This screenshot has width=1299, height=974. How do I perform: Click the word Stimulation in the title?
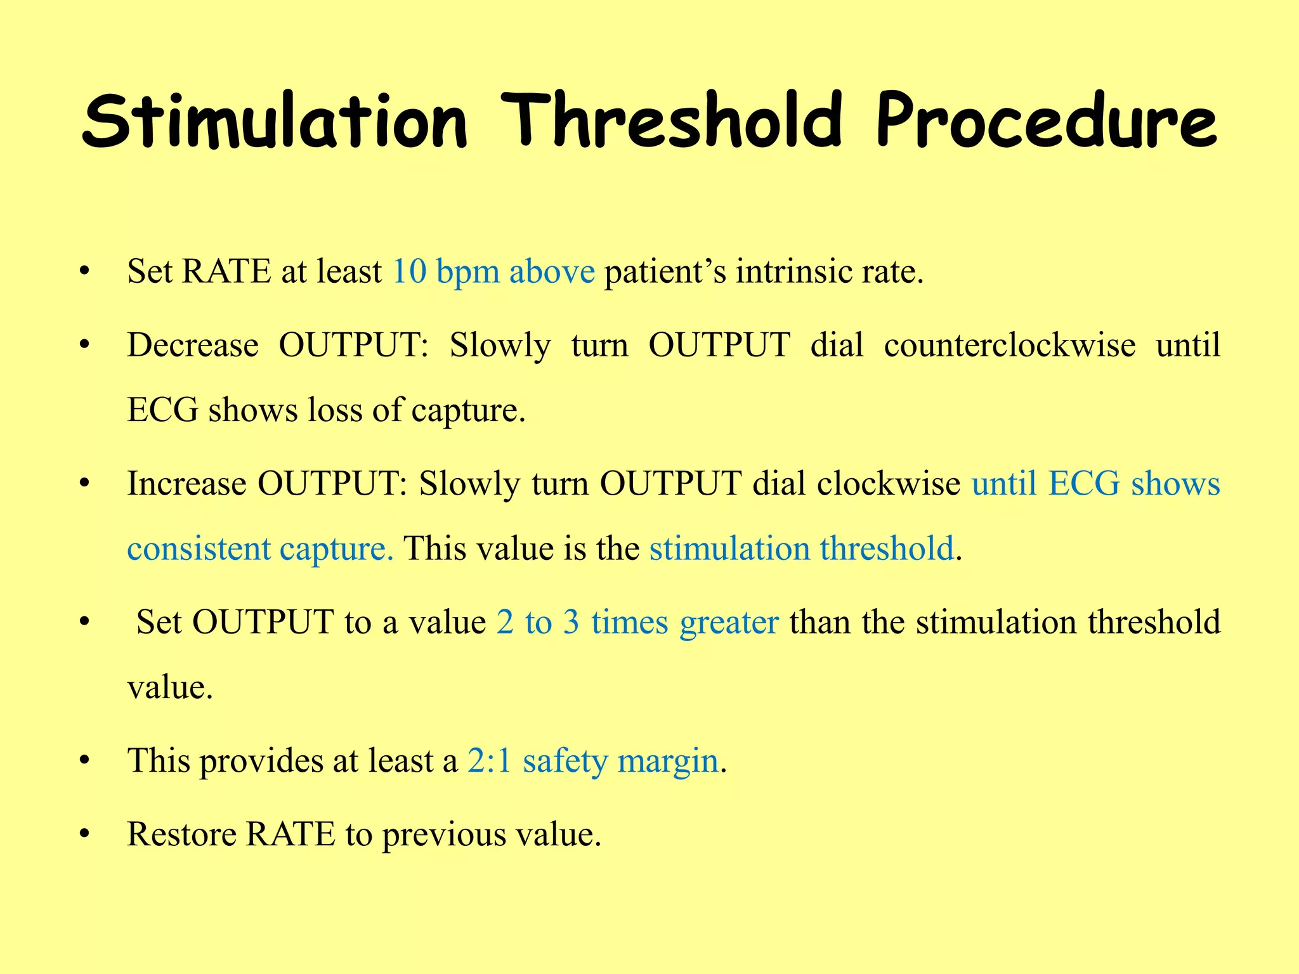pos(274,120)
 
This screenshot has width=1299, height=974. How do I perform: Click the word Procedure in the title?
pos(1047,120)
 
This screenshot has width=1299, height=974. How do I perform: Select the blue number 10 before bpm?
pos(409,271)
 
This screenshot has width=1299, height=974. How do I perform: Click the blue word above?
pos(552,271)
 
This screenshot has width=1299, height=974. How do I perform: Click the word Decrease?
pos(193,346)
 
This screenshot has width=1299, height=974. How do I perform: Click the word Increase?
pos(186,484)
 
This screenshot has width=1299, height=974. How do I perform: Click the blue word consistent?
pos(199,549)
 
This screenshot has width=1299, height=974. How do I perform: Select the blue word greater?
pos(729,623)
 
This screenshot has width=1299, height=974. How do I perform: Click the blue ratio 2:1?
pos(489,761)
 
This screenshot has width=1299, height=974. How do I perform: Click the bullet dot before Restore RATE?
pos(83,834)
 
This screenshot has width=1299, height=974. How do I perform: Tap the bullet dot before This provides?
pos(83,761)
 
